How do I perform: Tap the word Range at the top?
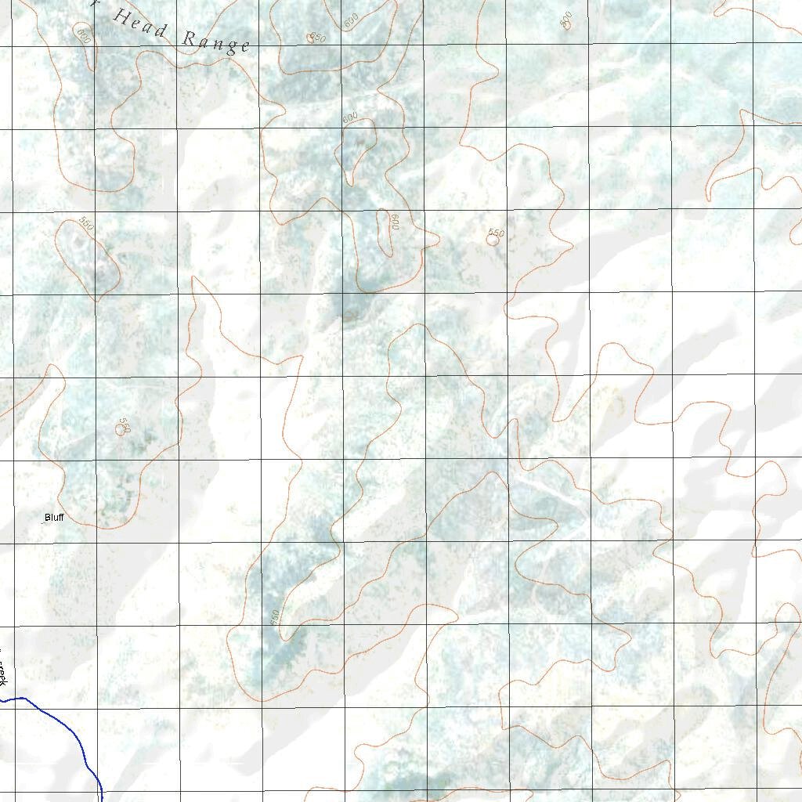216,42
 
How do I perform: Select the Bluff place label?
54,518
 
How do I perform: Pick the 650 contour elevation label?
317,37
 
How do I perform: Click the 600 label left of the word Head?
84,34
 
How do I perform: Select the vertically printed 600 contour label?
396,223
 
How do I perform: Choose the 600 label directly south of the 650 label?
350,117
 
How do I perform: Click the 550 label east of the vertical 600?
496,233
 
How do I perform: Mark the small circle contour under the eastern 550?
492,240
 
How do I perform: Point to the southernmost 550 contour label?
274,617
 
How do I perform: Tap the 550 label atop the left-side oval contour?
86,223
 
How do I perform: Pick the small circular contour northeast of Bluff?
121,429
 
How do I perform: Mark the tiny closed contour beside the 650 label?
311,39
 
